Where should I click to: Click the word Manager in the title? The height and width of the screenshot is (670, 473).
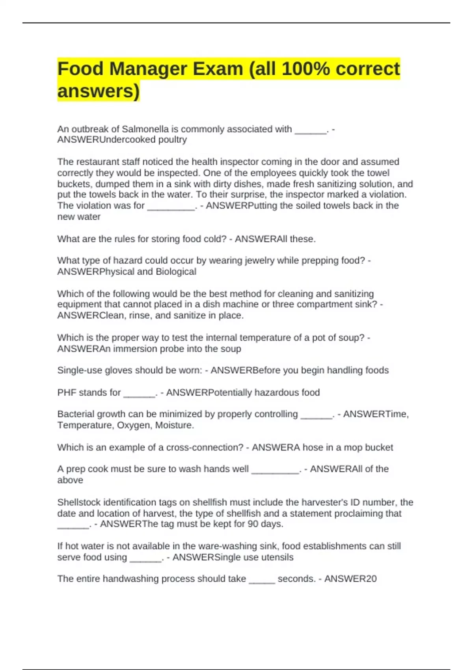(x=147, y=69)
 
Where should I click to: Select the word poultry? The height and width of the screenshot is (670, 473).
(x=172, y=140)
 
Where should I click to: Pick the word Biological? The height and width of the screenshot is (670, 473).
(x=176, y=272)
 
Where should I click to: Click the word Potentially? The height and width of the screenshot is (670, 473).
(x=230, y=393)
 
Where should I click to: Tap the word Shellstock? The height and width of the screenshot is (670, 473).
(x=78, y=502)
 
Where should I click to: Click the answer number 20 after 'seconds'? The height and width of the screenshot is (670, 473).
(x=371, y=579)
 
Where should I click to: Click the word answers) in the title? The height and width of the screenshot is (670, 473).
(x=99, y=91)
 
